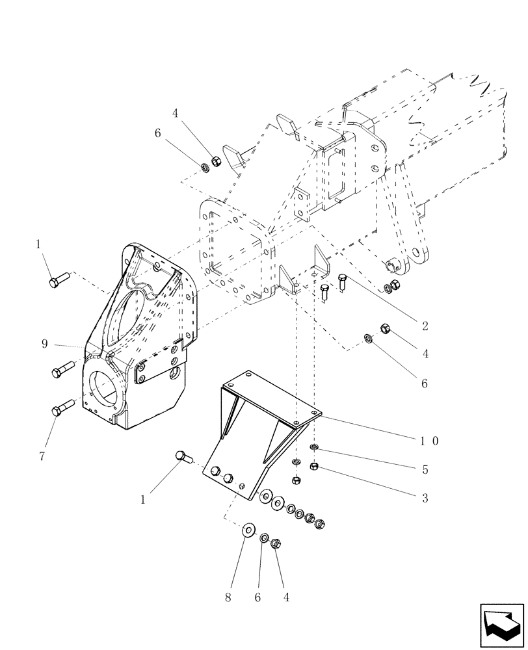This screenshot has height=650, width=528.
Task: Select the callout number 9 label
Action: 44,344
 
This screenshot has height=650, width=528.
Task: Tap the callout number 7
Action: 42,456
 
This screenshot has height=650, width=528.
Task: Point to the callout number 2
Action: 425,325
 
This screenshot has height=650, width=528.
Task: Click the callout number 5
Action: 425,469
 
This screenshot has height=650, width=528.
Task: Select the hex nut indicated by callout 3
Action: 314,466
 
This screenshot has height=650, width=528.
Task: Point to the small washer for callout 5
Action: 314,448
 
